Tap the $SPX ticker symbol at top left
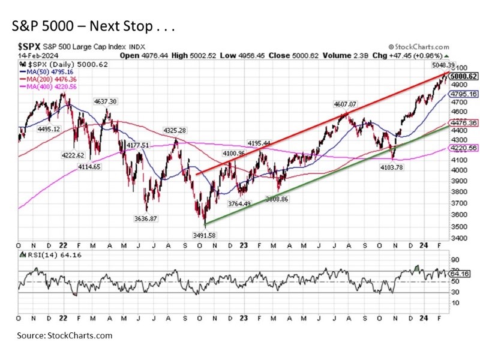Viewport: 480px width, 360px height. tap(29, 46)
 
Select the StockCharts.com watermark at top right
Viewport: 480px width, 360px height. tap(418, 46)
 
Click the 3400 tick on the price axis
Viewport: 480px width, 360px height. tap(458, 238)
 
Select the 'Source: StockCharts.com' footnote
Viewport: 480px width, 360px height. tap(65, 335)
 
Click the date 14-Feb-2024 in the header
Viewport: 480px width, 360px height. tap(35, 55)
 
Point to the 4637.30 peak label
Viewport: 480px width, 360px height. tap(104, 101)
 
